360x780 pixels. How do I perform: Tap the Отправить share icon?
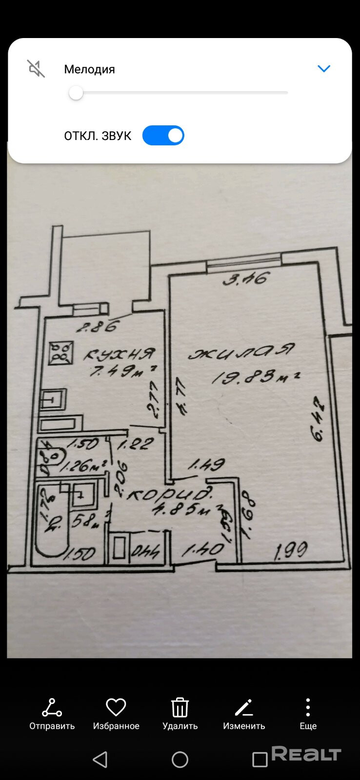(52, 708)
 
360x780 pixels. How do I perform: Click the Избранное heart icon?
(116, 707)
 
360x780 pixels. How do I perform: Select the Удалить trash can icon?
(180, 707)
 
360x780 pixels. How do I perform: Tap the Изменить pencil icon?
(244, 707)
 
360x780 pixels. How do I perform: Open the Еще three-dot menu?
(308, 707)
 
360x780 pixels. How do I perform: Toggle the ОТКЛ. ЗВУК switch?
(163, 136)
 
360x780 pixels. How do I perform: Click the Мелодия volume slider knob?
(76, 93)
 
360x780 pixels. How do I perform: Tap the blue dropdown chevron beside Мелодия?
(324, 69)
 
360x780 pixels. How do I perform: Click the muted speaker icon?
(36, 69)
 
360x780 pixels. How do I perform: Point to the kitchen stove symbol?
(61, 353)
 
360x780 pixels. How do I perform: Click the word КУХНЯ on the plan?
(120, 354)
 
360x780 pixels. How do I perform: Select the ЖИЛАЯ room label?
(242, 352)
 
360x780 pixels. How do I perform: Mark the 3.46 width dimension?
(246, 279)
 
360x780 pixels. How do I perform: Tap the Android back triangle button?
(100, 760)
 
